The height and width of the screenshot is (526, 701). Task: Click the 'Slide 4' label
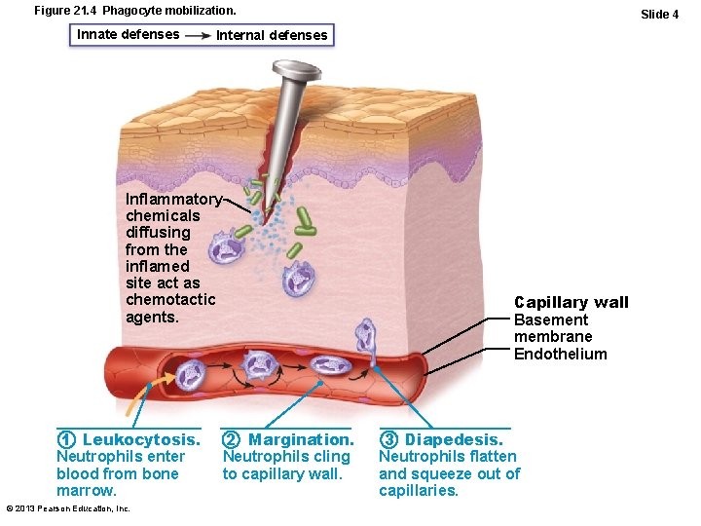[659, 15]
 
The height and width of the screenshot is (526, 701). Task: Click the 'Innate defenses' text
[128, 34]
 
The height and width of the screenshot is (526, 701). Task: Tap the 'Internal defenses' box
[272, 36]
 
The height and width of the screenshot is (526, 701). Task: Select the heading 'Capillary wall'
[572, 302]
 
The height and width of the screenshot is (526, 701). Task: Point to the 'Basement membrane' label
[552, 328]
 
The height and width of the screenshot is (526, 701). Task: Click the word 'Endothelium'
[560, 355]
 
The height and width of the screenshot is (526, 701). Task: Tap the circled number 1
[66, 439]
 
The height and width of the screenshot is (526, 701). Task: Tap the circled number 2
[232, 439]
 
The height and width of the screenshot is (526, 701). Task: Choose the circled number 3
[388, 439]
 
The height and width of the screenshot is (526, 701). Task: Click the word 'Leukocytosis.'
[141, 439]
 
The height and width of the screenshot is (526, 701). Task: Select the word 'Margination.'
[301, 439]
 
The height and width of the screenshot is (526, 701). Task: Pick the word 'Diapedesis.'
[455, 439]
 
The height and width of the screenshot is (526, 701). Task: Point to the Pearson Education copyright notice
[68, 508]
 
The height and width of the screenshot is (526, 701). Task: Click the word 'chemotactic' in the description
[170, 300]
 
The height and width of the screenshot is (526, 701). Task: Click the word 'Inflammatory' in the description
[173, 199]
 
